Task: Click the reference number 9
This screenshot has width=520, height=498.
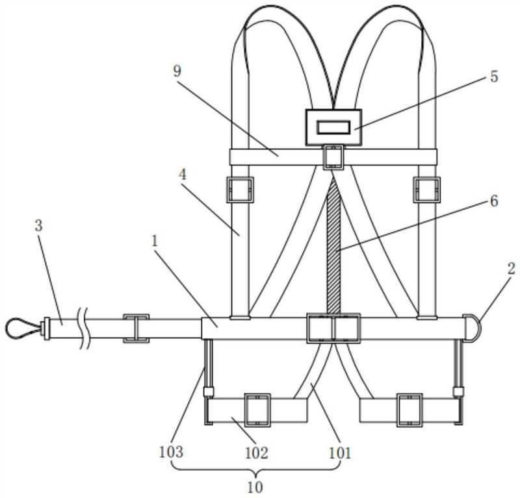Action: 177,71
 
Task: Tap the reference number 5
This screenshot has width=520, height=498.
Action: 494,77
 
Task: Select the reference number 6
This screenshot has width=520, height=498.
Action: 494,201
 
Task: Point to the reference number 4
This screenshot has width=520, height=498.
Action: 183,175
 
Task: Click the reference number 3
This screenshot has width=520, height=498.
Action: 39,226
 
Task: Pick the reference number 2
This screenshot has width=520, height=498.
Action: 512,268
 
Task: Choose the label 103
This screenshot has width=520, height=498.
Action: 171,452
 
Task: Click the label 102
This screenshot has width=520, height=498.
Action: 256,453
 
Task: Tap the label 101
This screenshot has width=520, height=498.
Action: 339,453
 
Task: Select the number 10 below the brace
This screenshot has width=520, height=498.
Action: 255,487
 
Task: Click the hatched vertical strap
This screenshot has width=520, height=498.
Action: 333,245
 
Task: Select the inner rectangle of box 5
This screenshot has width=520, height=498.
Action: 333,127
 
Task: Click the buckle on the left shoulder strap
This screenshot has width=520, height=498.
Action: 240,190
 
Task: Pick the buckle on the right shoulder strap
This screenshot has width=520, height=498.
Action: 427,190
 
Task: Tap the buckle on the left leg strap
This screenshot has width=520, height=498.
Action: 257,410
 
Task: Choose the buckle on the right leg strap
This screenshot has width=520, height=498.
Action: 409,410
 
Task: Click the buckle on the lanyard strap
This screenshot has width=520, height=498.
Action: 136,329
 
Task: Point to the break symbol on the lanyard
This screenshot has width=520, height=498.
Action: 84,328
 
